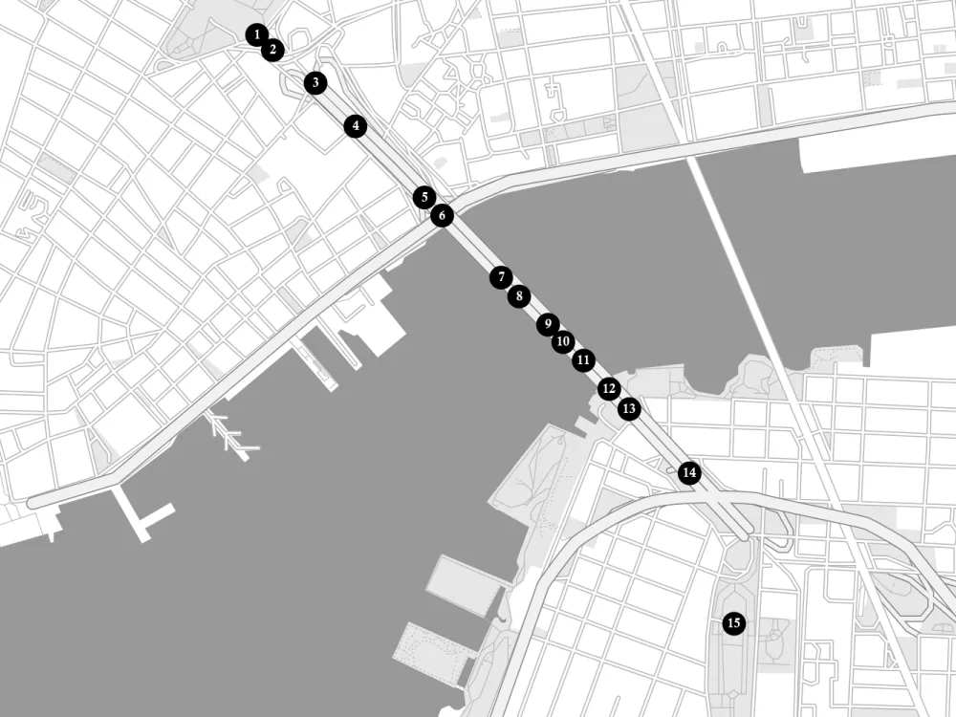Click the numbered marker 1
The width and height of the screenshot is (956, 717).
pyautogui.click(x=256, y=35)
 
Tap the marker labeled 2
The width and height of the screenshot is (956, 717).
pyautogui.click(x=272, y=49)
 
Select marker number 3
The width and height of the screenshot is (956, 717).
pyautogui.click(x=315, y=83)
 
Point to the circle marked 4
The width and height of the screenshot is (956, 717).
pyautogui.click(x=356, y=125)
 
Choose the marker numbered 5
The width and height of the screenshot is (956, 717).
pyautogui.click(x=424, y=197)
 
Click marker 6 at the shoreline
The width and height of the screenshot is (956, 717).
pyautogui.click(x=442, y=216)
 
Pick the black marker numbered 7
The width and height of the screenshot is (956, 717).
pyautogui.click(x=501, y=277)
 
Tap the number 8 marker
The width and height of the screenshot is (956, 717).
pyautogui.click(x=518, y=296)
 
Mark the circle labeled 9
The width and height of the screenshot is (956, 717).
pyautogui.click(x=547, y=324)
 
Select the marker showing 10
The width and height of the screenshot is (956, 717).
pyautogui.click(x=563, y=341)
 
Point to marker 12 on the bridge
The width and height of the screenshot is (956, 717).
pyautogui.click(x=609, y=389)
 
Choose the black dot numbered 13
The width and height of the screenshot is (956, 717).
pyautogui.click(x=629, y=409)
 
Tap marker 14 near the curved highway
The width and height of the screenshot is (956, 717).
pyautogui.click(x=689, y=472)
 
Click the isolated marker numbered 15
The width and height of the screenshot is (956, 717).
pyautogui.click(x=734, y=624)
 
